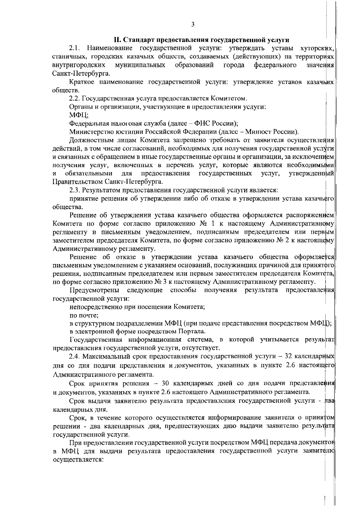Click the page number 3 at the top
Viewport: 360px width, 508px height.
point(193,24)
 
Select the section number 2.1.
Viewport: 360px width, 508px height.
point(74,48)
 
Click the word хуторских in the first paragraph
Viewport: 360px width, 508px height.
point(317,48)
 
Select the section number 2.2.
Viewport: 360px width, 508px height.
point(74,98)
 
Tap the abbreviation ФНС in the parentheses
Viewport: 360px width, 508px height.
point(202,123)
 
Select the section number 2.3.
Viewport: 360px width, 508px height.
point(74,190)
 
